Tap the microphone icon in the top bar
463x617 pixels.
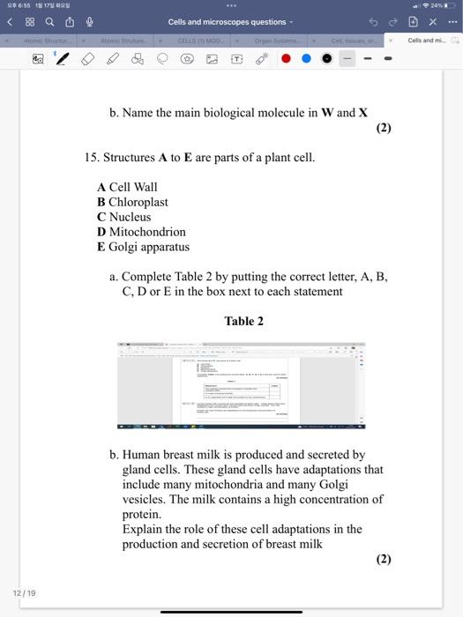click(x=89, y=22)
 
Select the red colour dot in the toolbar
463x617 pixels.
click(x=286, y=58)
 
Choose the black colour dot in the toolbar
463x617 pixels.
click(x=327, y=58)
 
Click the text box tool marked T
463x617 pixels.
click(x=236, y=58)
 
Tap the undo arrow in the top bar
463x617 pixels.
click(x=372, y=22)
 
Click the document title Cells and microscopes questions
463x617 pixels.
click(x=228, y=22)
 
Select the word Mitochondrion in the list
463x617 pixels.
click(x=147, y=232)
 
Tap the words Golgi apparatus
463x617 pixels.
click(x=149, y=247)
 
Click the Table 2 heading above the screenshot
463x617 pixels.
click(x=243, y=321)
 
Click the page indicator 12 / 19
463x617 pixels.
click(x=24, y=593)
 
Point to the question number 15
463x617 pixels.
click(x=91, y=157)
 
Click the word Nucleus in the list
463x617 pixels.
click(x=130, y=217)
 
